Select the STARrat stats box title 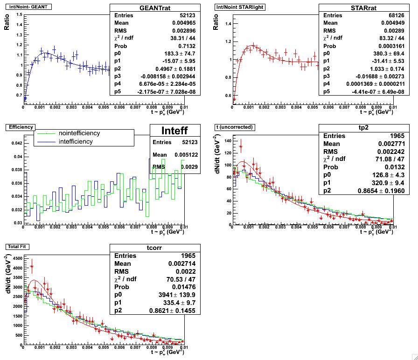pos(366,8)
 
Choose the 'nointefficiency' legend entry pos(79,133)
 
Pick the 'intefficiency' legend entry pos(76,141)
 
